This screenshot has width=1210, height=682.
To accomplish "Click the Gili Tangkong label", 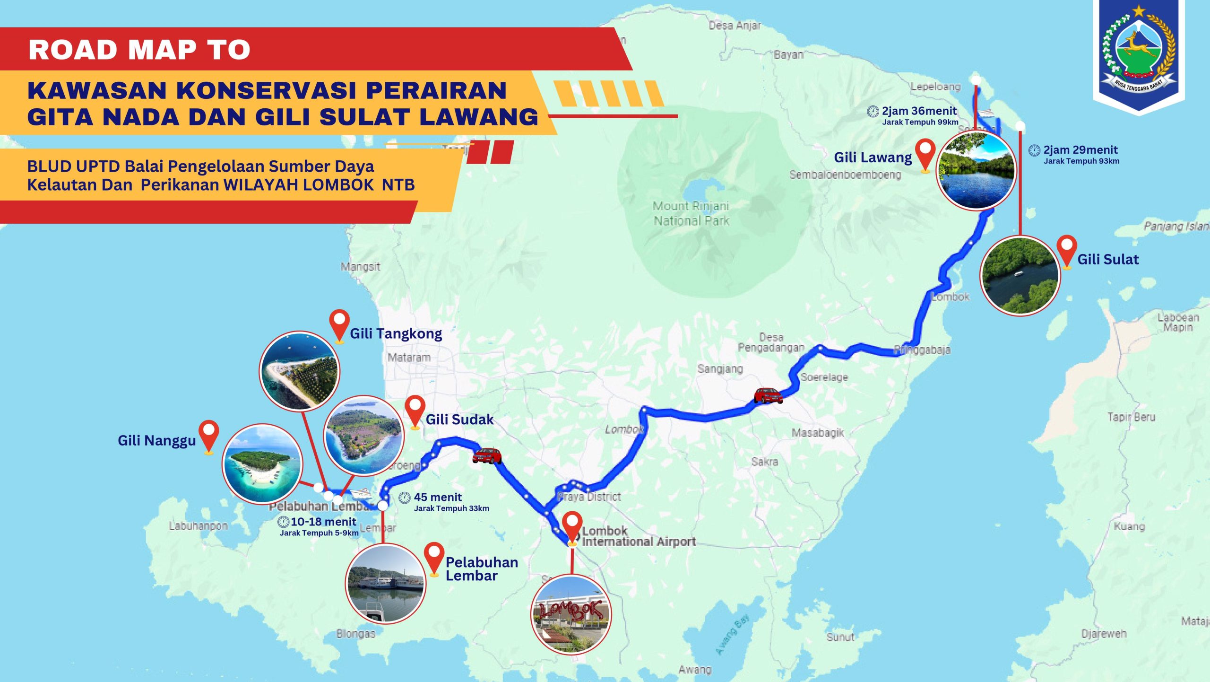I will click(396, 333).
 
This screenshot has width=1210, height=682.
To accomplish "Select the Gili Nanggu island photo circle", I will click(262, 463).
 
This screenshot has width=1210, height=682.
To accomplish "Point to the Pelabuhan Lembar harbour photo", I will click(386, 584).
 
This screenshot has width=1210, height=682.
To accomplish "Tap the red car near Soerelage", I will click(768, 395).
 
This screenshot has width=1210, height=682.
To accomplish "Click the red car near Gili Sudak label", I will click(487, 455).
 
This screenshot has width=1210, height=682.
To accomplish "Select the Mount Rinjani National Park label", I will click(691, 213).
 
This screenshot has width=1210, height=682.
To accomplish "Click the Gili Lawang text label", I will click(873, 157).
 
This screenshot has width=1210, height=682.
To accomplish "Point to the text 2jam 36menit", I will click(919, 111).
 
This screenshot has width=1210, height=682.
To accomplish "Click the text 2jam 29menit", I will click(1080, 150).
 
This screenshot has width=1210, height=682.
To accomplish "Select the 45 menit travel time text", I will click(438, 497).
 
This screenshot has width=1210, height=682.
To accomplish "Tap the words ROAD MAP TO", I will click(139, 50).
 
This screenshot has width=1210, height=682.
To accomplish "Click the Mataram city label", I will click(409, 358).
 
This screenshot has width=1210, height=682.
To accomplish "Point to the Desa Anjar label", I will click(735, 26).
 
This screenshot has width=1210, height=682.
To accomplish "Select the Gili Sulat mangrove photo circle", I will click(1020, 276).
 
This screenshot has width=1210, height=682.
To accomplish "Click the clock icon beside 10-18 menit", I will click(283, 522).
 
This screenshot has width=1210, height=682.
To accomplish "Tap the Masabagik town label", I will click(817, 433).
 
